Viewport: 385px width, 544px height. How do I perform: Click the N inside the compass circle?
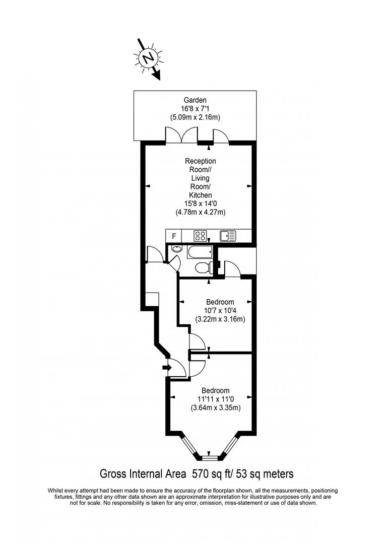point(149,57)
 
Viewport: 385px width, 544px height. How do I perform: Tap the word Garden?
point(195,100)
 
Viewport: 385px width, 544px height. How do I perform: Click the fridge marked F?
point(174,236)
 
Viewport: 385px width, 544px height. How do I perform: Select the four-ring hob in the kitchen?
point(200,236)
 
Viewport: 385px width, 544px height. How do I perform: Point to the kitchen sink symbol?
point(228,236)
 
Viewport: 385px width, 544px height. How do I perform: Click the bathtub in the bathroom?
point(199,252)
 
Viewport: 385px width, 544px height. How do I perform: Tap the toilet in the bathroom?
point(203,267)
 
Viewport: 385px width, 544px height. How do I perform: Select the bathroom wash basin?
point(176,249)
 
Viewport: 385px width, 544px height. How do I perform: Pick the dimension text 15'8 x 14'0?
point(201,203)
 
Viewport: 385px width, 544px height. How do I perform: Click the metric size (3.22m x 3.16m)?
point(220,319)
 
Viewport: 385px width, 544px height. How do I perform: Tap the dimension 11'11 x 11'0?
point(216,399)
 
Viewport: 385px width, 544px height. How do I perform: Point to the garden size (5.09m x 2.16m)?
point(195,117)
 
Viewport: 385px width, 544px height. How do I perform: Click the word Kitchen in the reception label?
point(201,195)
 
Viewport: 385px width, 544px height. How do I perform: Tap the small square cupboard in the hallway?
point(152,300)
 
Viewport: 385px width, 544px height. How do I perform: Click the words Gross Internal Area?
point(143,474)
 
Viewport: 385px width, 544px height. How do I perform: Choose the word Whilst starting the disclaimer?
point(55,491)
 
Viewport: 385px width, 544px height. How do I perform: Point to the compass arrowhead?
point(157,75)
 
